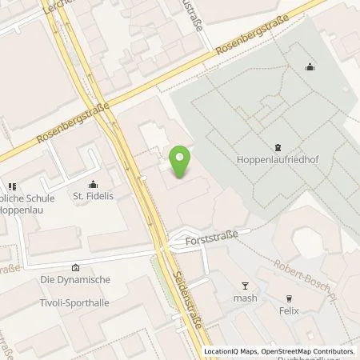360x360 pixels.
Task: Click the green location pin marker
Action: click(181, 160)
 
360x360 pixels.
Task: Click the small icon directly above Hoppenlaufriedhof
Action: click(278, 146)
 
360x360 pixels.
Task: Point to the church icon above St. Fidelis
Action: click(94, 182)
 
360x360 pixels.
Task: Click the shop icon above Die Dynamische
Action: click(75, 267)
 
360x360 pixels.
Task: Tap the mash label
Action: click(246, 298)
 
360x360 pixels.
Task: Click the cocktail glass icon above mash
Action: click(246, 285)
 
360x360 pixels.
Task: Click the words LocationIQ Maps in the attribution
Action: click(229, 351)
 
